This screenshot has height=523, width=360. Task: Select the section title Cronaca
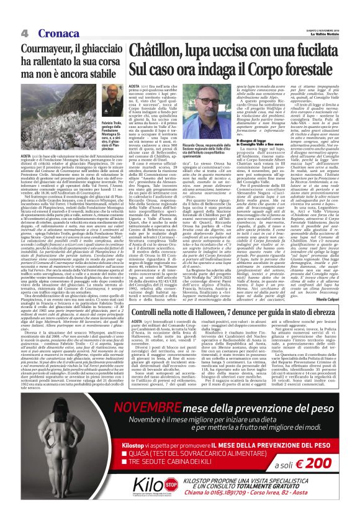[52, 32]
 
